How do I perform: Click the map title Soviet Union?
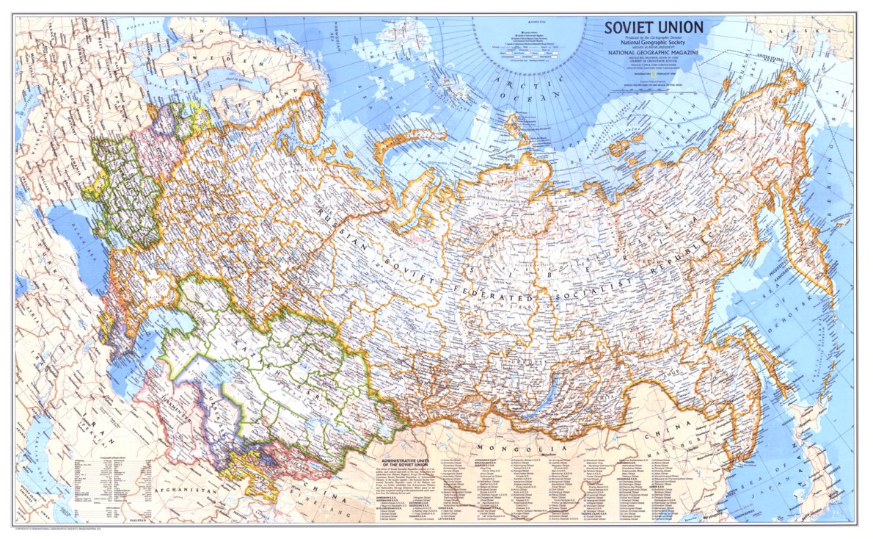tap(654, 28)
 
